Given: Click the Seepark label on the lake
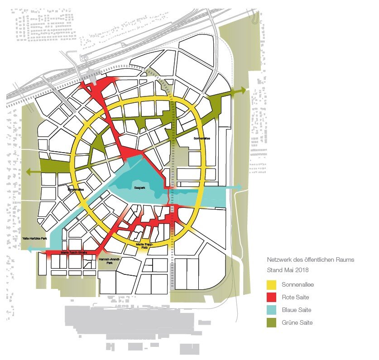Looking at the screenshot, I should [x=139, y=186].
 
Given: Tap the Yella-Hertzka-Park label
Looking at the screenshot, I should [x=34, y=238].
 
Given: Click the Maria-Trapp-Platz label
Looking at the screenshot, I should [x=145, y=246].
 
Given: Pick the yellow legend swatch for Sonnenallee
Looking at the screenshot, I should [x=272, y=285].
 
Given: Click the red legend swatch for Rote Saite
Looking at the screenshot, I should [x=272, y=298].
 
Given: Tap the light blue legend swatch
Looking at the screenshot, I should [x=272, y=310].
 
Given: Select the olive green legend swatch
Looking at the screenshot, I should [x=272, y=323].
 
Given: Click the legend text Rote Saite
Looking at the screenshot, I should [x=297, y=298].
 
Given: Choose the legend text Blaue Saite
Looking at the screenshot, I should [x=298, y=310].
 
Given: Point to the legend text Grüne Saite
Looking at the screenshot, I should [x=297, y=323].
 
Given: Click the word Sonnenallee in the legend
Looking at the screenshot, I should [x=298, y=285].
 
